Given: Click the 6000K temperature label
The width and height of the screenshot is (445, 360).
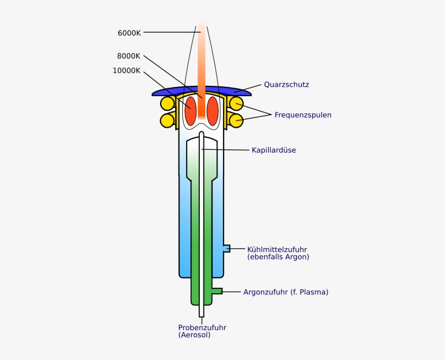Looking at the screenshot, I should point(129,33).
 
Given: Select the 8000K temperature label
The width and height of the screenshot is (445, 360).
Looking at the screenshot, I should point(129,55).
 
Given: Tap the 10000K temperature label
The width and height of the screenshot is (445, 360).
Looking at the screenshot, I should point(126,71).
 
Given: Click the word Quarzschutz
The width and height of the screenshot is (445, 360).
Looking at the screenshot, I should point(287,85).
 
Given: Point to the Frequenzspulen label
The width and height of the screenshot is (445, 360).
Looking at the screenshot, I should point(303,115).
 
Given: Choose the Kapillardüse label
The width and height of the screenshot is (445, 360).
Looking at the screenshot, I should point(274,150).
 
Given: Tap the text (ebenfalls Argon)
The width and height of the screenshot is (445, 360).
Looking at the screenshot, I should point(278,257).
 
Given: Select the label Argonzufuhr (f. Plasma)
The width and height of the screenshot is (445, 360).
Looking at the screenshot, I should point(285,292).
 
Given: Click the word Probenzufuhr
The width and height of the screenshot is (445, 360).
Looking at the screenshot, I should point(202,327).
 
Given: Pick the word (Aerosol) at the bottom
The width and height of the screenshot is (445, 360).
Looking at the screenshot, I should point(194,335).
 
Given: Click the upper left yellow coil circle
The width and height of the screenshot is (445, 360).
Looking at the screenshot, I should point(167,103).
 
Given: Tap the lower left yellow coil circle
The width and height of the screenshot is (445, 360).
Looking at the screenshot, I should point(167,119).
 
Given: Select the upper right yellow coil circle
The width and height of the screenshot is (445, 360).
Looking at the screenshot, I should point(236,103).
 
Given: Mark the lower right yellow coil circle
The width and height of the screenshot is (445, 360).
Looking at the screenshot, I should point(236,119).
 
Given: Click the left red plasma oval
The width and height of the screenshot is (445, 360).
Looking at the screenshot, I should point(191,110).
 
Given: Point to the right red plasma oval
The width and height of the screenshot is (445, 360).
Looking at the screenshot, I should point(212,110).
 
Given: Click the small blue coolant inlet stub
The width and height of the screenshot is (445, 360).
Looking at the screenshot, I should point(226,248).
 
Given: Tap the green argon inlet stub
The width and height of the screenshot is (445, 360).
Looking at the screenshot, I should point(217,291).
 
